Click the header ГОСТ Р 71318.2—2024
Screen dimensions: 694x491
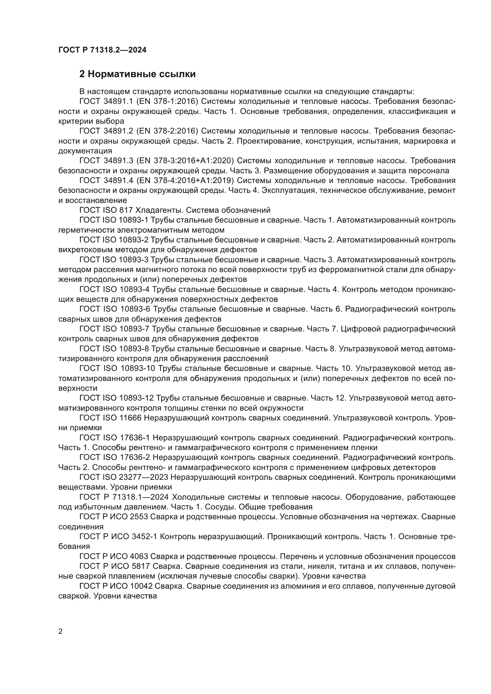click(x=102, y=50)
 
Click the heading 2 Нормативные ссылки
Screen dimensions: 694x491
click(x=137, y=74)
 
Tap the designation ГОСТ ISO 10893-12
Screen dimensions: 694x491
click(x=116, y=398)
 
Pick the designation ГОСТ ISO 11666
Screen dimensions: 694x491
click(x=110, y=418)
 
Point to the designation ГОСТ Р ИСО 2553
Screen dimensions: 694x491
click(x=114, y=517)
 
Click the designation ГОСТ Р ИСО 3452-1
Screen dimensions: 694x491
click(x=118, y=536)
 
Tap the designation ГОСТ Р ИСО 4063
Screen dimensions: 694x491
click(x=114, y=556)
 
